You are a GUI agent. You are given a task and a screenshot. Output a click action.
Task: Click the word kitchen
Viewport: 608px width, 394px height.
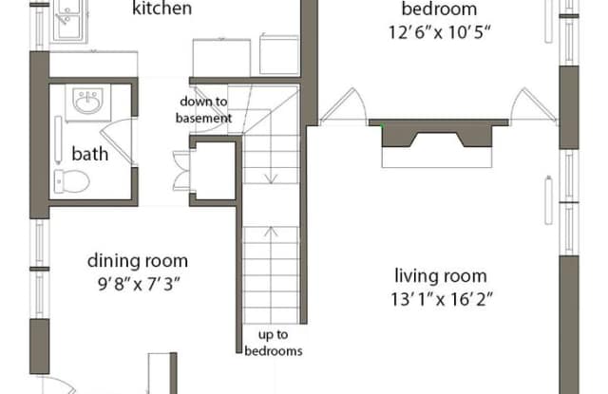click(162, 9)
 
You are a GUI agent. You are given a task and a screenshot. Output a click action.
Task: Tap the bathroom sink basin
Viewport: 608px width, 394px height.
click(88, 102)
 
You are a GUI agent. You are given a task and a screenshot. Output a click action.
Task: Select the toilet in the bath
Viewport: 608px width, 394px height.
click(72, 181)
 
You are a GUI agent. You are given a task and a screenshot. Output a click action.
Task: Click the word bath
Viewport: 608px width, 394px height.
click(90, 154)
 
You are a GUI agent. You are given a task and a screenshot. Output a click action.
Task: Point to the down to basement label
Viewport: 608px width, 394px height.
click(203, 109)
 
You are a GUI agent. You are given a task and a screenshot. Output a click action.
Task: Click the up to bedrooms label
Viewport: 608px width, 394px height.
click(274, 343)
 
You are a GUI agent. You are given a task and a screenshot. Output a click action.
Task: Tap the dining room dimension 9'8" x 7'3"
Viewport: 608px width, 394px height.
click(139, 285)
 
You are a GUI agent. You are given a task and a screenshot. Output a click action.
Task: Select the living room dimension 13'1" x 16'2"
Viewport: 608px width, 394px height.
click(441, 299)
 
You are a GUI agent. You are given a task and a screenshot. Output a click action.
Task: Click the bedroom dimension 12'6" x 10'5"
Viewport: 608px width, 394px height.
click(440, 32)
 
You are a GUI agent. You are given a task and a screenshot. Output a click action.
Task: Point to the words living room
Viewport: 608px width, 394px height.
click(441, 276)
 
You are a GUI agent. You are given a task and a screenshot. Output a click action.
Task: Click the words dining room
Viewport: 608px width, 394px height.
click(138, 261)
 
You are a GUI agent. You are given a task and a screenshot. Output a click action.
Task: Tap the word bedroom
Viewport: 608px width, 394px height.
click(439, 9)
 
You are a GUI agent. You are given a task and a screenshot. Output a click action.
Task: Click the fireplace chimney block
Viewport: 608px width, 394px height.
click(438, 133)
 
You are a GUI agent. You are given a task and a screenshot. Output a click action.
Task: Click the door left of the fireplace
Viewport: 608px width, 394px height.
click(343, 105)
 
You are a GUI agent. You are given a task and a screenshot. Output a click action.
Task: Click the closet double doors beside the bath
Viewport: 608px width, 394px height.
click(181, 171)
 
